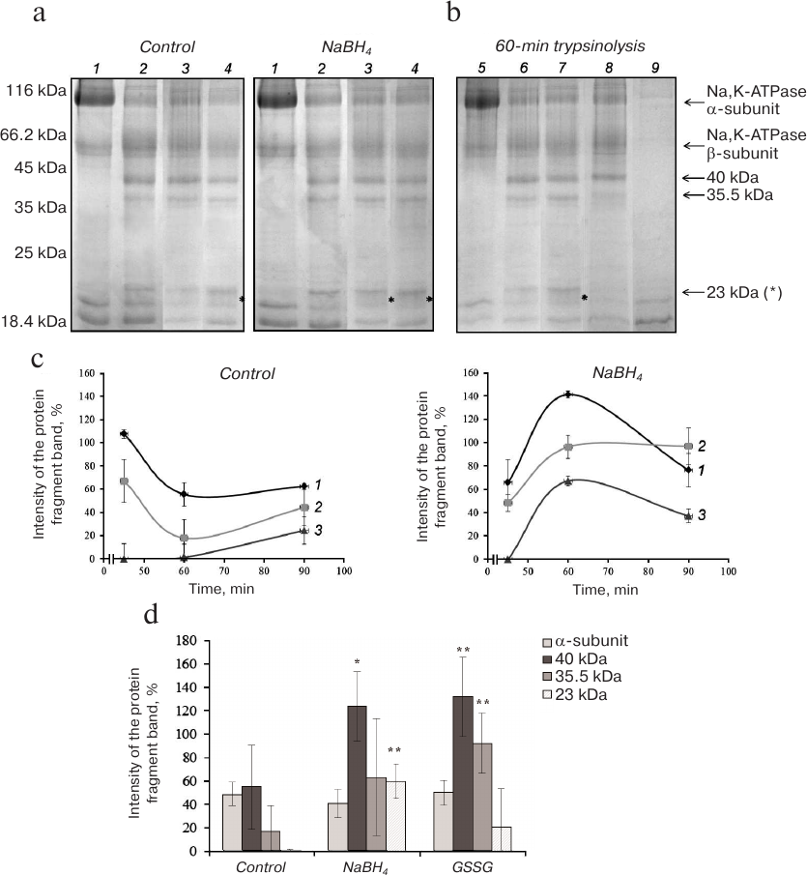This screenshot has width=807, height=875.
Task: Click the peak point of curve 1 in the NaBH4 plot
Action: coord(568,394)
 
